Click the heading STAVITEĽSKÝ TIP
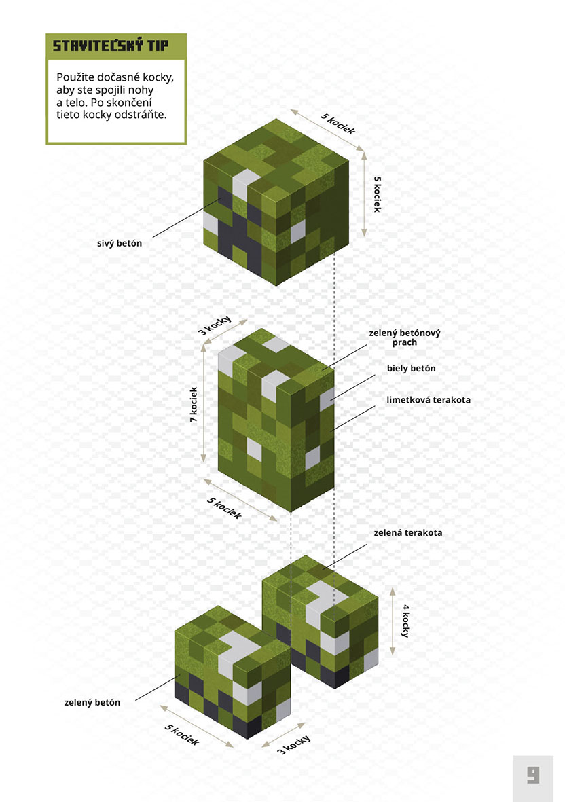click(x=111, y=45)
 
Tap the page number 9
click(x=533, y=774)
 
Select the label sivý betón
click(x=120, y=244)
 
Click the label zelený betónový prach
click(x=405, y=338)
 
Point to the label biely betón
click(x=411, y=368)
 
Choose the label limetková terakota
click(x=429, y=400)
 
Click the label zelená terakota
click(x=408, y=532)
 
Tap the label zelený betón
click(x=92, y=702)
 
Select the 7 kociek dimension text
click(x=194, y=404)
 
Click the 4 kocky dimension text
click(x=405, y=621)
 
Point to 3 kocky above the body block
click(x=215, y=326)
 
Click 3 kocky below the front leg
click(x=293, y=745)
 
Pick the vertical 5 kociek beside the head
click(x=378, y=194)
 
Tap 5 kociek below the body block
click(x=225, y=507)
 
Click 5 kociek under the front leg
click(x=181, y=735)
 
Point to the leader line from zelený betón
click(x=158, y=687)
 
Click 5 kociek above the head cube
click(x=338, y=124)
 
